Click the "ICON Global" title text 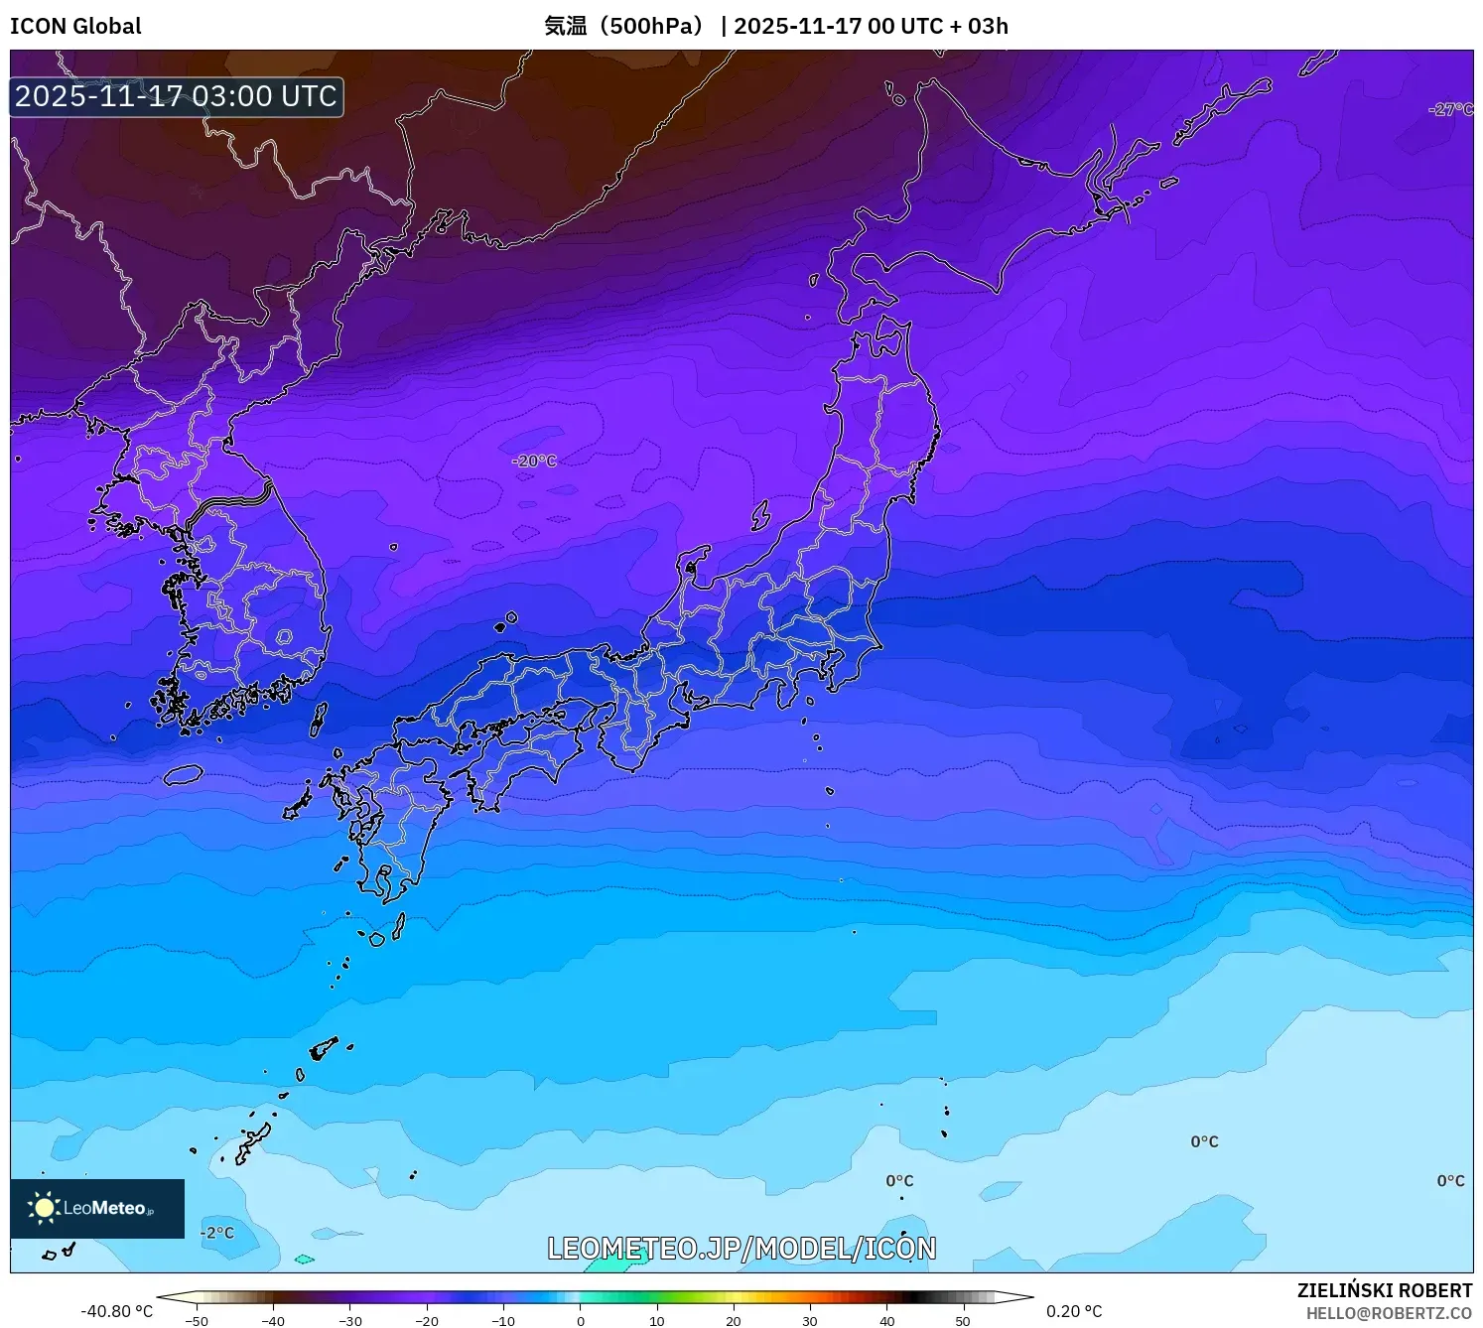click(x=75, y=26)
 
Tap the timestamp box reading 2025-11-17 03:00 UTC click(x=177, y=96)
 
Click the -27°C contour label click(x=1450, y=109)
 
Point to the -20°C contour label click(x=534, y=461)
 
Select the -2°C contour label click(x=217, y=1233)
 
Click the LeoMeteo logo click(x=97, y=1208)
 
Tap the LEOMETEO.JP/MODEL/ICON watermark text click(x=741, y=1248)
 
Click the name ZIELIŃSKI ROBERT click(x=1385, y=1290)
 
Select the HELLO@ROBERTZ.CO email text click(x=1389, y=1313)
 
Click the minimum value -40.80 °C click(x=116, y=1311)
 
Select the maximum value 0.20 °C click(x=1074, y=1311)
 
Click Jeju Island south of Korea click(x=184, y=774)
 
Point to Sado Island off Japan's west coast click(x=760, y=515)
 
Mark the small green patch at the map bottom click(x=304, y=1260)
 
